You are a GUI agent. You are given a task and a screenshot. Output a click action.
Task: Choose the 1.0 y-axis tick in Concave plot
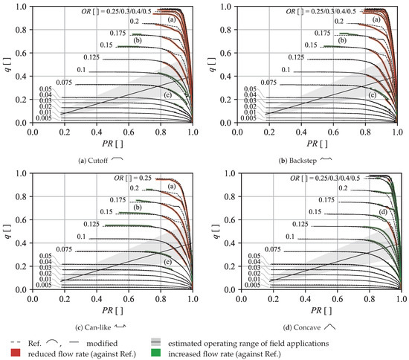point(231,175)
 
